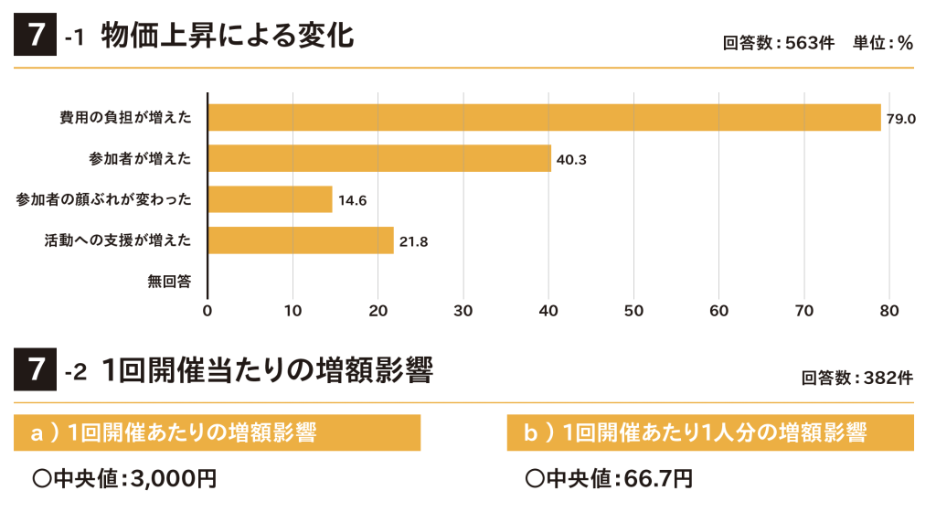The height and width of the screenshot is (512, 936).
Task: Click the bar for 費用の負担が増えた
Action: click(544, 118)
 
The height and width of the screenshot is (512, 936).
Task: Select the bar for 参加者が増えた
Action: click(379, 158)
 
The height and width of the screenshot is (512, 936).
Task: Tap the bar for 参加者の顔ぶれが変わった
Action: click(270, 198)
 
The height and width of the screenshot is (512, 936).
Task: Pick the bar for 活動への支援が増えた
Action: click(301, 240)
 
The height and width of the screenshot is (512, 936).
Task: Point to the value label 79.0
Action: click(900, 119)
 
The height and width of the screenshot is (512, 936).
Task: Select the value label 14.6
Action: click(352, 199)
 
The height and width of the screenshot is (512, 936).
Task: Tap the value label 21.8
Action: click(413, 240)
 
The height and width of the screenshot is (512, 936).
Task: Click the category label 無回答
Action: click(169, 281)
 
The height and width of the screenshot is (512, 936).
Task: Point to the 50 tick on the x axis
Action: click(633, 311)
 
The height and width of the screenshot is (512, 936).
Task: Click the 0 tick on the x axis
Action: click(207, 311)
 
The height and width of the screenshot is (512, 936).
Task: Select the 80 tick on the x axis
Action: click(889, 311)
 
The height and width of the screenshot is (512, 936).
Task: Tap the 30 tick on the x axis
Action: click(463, 311)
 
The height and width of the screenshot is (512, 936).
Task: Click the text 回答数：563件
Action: click(778, 43)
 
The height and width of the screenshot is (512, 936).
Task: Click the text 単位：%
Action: click(883, 43)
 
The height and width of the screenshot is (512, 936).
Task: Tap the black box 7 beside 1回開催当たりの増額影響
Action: click(36, 370)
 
